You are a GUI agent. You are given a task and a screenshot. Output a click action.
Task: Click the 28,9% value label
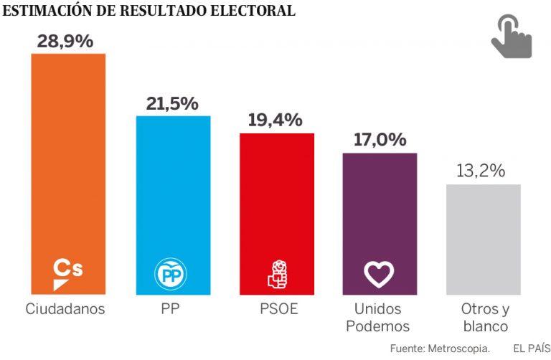point(65,41)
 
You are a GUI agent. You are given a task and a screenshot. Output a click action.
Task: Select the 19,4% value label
point(275,120)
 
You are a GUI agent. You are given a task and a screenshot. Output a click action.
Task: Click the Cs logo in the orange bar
point(68,273)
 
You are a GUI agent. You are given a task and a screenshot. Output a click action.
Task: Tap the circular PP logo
point(172,274)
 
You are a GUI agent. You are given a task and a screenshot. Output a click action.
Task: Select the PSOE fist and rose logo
point(277,274)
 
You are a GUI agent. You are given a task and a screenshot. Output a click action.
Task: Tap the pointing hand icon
point(511,37)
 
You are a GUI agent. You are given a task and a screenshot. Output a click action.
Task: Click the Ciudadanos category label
point(65,310)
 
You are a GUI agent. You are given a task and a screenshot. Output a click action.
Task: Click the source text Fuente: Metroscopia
point(441,348)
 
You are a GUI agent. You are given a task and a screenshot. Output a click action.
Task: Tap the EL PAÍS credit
point(532,348)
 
